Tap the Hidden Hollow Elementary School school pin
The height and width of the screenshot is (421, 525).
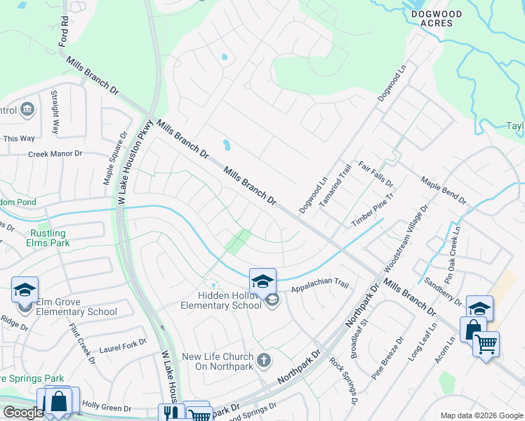pyautogui.click(x=262, y=281)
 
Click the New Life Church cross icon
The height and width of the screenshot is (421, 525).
pyautogui.click(x=264, y=361)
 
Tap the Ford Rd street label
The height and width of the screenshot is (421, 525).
pyautogui.click(x=65, y=29)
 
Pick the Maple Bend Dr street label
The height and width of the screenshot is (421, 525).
pyautogui.click(x=444, y=190)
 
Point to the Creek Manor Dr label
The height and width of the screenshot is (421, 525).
pyautogui.click(x=55, y=154)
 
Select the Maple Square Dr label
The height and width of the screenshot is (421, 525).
pyautogui.click(x=117, y=159)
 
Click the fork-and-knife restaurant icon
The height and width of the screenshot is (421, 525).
pyautogui.click(x=169, y=413)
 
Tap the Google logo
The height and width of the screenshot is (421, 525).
pyautogui.click(x=24, y=413)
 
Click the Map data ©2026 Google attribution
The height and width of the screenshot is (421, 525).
pyautogui.click(x=481, y=415)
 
